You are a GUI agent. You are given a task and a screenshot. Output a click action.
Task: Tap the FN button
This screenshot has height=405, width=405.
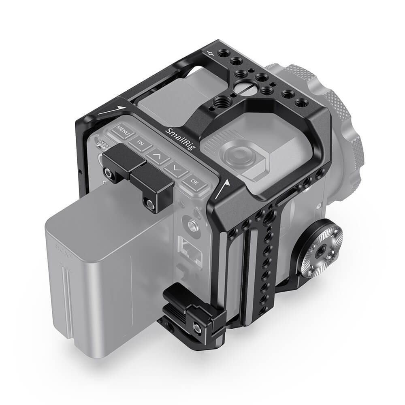point(140,143)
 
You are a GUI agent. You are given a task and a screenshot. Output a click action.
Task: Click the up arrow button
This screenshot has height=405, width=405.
point(158,155)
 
